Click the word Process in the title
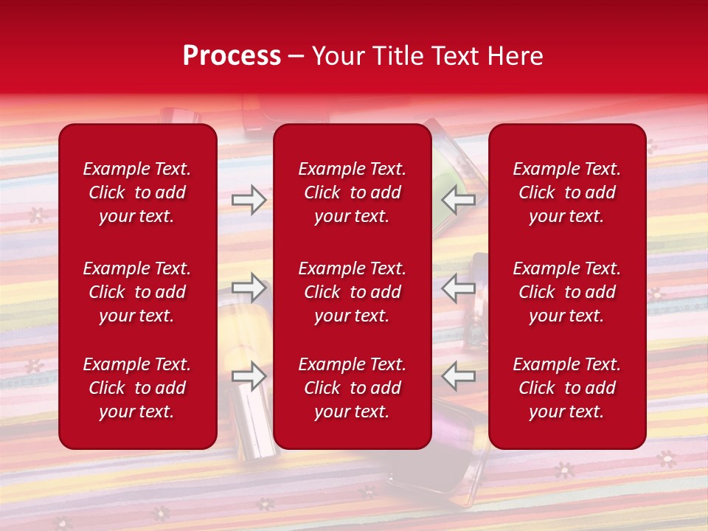pyautogui.click(x=232, y=56)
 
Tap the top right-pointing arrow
pyautogui.click(x=249, y=200)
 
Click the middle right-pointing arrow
pyautogui.click(x=249, y=288)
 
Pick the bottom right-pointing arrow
pyautogui.click(x=249, y=376)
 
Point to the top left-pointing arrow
pyautogui.click(x=458, y=200)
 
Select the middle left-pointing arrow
pyautogui.click(x=458, y=288)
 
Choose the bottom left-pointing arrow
pyautogui.click(x=458, y=376)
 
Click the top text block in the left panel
pyautogui.click(x=137, y=192)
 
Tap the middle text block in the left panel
pyautogui.click(x=137, y=292)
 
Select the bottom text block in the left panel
pyautogui.click(x=137, y=388)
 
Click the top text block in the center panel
pyautogui.click(x=352, y=192)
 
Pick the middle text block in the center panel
pyautogui.click(x=352, y=292)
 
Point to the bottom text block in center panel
pyautogui.click(x=352, y=388)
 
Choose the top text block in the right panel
pyautogui.click(x=566, y=192)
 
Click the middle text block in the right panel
pyautogui.click(x=566, y=292)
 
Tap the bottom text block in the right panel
pyautogui.click(x=566, y=388)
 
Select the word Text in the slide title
pyautogui.click(x=457, y=56)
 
